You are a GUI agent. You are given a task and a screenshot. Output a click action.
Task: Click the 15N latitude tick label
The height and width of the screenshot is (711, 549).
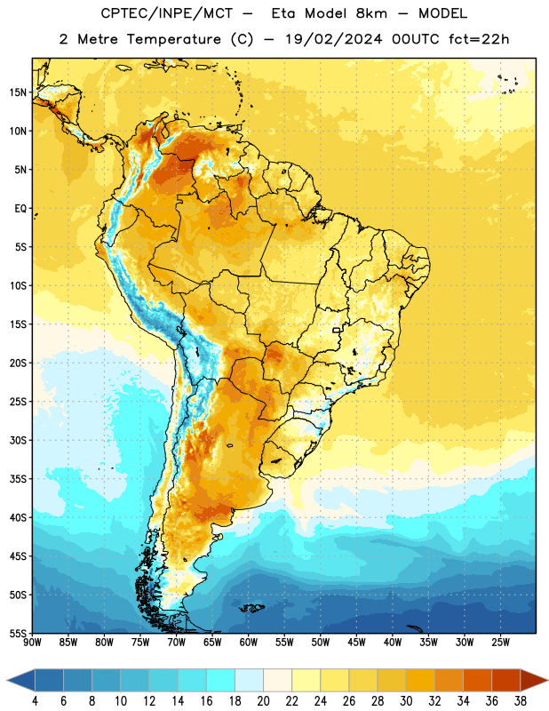pyautogui.click(x=18, y=92)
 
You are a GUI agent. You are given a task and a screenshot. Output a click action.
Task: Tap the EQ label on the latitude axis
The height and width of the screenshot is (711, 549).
pyautogui.click(x=20, y=209)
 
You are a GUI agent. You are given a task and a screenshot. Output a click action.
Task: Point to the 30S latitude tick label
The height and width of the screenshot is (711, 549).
pyautogui.click(x=18, y=440)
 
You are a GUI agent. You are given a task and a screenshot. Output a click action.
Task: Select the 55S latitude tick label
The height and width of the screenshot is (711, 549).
pyautogui.click(x=18, y=634)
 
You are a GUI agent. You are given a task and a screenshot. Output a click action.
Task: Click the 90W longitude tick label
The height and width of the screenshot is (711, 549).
pyautogui.click(x=32, y=643)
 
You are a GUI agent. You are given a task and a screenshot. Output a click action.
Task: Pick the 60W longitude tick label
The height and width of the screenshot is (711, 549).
pyautogui.click(x=249, y=643)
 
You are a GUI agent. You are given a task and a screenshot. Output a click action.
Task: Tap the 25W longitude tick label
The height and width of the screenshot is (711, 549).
pyautogui.click(x=500, y=643)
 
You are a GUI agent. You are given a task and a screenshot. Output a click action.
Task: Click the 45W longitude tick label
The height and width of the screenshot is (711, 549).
pyautogui.click(x=356, y=643)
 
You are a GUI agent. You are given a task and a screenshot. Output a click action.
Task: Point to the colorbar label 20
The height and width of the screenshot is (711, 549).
pyautogui.click(x=263, y=701)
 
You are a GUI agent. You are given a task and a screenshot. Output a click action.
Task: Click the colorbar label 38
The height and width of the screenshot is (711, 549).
pyautogui.click(x=520, y=701)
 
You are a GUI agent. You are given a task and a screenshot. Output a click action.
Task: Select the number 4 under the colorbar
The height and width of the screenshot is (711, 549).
pyautogui.click(x=35, y=701)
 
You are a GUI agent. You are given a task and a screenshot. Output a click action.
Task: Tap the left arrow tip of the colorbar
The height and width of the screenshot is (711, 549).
pyautogui.click(x=7, y=681)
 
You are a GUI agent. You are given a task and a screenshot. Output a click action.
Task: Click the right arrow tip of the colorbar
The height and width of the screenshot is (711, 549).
pyautogui.click(x=547, y=681)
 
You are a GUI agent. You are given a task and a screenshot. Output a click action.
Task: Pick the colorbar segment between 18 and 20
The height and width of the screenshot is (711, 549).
pyautogui.click(x=250, y=681)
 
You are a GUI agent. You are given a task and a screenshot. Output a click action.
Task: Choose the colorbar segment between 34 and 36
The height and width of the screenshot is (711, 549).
pyautogui.click(x=477, y=681)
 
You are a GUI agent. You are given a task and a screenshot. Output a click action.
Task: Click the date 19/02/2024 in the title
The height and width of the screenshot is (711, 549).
pyautogui.click(x=333, y=39)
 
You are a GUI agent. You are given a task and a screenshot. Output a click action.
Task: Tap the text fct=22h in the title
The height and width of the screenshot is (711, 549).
pyautogui.click(x=479, y=39)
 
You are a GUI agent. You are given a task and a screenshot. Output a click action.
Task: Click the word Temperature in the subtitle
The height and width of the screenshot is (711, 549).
pyautogui.click(x=173, y=39)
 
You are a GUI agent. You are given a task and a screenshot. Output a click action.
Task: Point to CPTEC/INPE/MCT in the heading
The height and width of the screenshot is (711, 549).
pyautogui.click(x=167, y=13)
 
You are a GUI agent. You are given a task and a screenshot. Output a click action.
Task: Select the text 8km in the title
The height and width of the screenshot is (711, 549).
pyautogui.click(x=371, y=13)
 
